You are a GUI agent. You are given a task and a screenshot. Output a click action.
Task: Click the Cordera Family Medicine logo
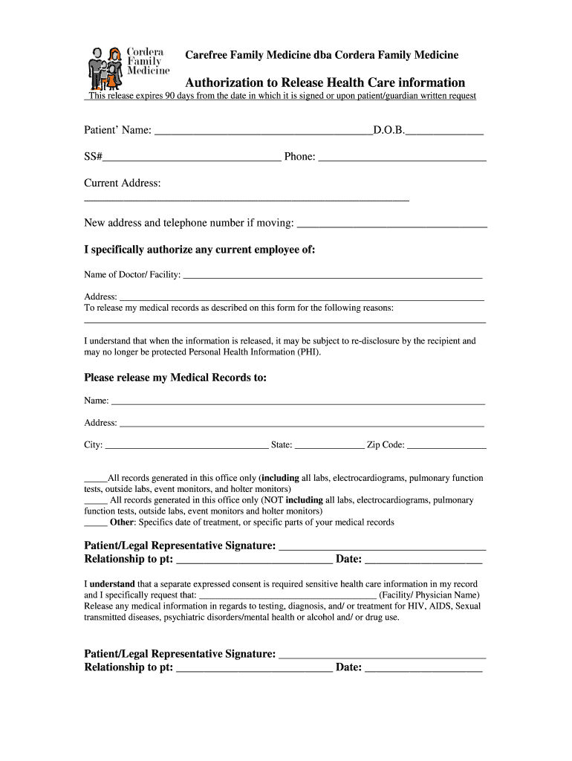pyautogui.click(x=129, y=67)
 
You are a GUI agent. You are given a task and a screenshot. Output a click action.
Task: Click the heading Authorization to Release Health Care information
pyautogui.click(x=325, y=82)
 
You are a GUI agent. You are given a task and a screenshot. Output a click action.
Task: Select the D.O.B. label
pyautogui.click(x=389, y=131)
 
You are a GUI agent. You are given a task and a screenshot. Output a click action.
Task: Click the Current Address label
pyautogui.click(x=122, y=184)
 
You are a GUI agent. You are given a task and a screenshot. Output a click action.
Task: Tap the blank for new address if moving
pyautogui.click(x=391, y=224)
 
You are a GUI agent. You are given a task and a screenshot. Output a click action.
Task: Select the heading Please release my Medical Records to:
pyautogui.click(x=175, y=378)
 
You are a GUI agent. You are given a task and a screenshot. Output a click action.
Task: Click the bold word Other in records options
pyautogui.click(x=122, y=522)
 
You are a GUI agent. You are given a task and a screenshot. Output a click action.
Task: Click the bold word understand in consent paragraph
pyautogui.click(x=112, y=584)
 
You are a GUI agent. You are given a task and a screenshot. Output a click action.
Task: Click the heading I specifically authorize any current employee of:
pyautogui.click(x=200, y=250)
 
